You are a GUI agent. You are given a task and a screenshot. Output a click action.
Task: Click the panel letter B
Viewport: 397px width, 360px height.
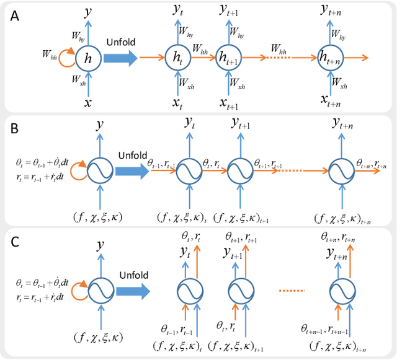pyautogui.click(x=14, y=131)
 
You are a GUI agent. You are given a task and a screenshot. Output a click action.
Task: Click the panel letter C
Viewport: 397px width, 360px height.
pyautogui.click(x=14, y=240)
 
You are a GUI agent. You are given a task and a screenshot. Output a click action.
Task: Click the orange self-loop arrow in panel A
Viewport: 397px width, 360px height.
pyautogui.click(x=69, y=56)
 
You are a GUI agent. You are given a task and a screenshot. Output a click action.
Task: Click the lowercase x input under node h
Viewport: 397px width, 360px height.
pyautogui.click(x=87, y=101)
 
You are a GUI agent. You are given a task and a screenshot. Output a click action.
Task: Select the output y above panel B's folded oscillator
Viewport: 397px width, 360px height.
pyautogui.click(x=100, y=126)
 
